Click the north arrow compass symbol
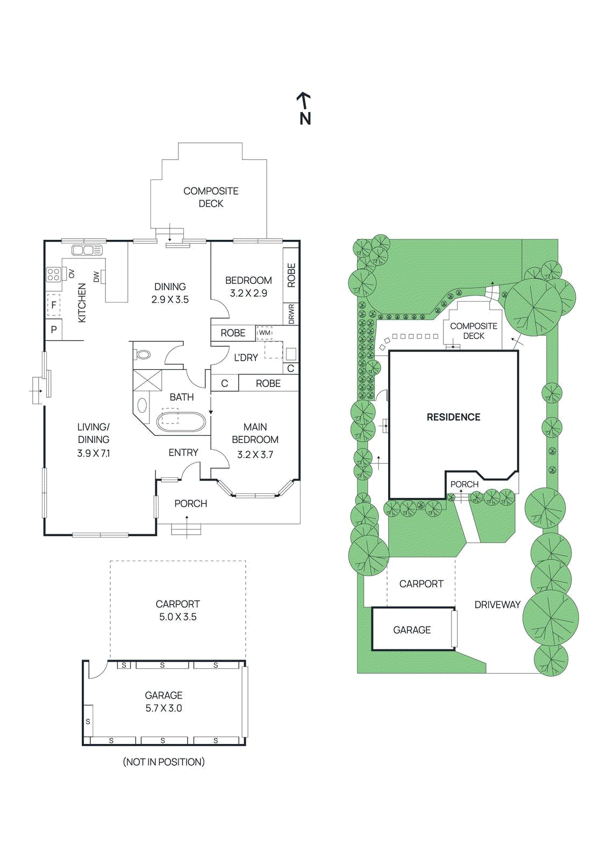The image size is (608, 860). pyautogui.click(x=304, y=109)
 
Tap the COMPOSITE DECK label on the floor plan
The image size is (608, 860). pyautogui.click(x=211, y=197)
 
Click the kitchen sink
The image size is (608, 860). pyautogui.click(x=87, y=250)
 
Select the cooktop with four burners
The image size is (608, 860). pyautogui.click(x=53, y=275)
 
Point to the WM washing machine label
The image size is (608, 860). pyautogui.click(x=264, y=333)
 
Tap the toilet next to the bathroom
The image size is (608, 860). pyautogui.click(x=143, y=355)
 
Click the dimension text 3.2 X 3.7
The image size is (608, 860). pyautogui.click(x=255, y=455)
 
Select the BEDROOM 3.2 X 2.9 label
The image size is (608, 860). pyautogui.click(x=248, y=286)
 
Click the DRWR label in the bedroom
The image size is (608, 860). pyautogui.click(x=291, y=313)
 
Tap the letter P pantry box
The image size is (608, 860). pyautogui.click(x=54, y=330)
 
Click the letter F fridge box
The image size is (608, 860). pyautogui.click(x=54, y=305)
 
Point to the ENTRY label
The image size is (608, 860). pyautogui.click(x=183, y=453)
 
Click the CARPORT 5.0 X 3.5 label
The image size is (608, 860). pyautogui.click(x=177, y=611)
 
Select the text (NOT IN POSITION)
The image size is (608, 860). pyautogui.click(x=163, y=762)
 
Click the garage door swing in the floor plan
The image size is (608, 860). pyautogui.click(x=97, y=669)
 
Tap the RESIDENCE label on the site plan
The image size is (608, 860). pyautogui.click(x=453, y=417)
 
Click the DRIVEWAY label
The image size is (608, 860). pyautogui.click(x=497, y=605)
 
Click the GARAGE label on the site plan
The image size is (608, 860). pyautogui.click(x=412, y=630)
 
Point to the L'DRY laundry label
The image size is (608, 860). pyautogui.click(x=246, y=357)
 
